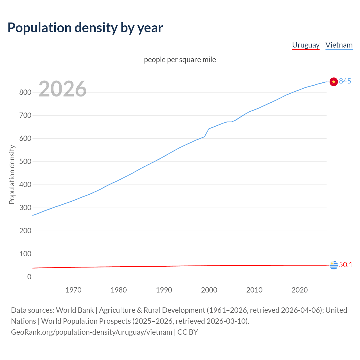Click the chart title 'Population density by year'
coord(85,28)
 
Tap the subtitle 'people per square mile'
coord(180,60)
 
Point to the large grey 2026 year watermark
coord(62,89)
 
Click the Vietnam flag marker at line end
coord(333,82)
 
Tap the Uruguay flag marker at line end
coord(334,265)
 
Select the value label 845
coord(345,81)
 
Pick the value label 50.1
coord(346,265)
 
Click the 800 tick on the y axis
coord(25,92)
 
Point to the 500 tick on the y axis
coord(25,161)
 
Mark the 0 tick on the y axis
coord(29,277)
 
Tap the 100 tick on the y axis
coord(25,254)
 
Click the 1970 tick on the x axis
coord(73,290)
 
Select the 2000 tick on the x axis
coord(209,290)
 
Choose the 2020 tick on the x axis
coord(300,290)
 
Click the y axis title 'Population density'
coord(12,174)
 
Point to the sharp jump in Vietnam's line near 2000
coord(207,132)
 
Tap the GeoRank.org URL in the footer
coord(91,332)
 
